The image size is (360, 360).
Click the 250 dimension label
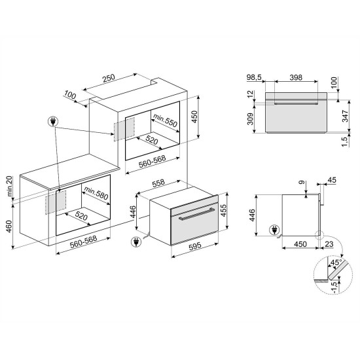click(x=109, y=78)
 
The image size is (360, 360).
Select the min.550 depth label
click(x=166, y=120)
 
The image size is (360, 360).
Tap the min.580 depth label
click(x=96, y=193)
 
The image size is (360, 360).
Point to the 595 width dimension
click(x=194, y=246)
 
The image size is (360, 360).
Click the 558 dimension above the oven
click(x=158, y=183)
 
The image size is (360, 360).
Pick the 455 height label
click(x=223, y=210)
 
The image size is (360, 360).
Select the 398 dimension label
click(x=296, y=78)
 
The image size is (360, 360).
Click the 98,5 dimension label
click(x=254, y=77)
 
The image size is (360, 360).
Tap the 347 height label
click(x=345, y=116)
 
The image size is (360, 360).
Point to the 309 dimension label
click(x=250, y=118)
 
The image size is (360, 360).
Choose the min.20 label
click(x=10, y=186)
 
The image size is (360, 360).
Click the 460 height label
click(x=9, y=226)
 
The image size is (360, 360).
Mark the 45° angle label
click(x=336, y=262)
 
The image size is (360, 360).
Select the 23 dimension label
click(x=329, y=244)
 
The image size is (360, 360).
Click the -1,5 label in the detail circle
click(x=335, y=287)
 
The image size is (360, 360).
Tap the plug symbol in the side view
click(x=275, y=230)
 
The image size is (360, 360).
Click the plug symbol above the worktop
click(x=53, y=121)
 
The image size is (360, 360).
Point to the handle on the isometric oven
click(x=196, y=214)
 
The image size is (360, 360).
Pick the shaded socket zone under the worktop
click(x=56, y=202)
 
